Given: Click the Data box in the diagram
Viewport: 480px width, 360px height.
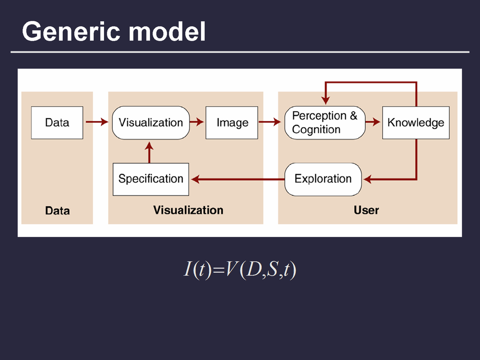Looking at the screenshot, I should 57,123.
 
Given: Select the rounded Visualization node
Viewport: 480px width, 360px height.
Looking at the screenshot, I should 151,123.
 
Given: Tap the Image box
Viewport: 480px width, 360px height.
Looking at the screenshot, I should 232,123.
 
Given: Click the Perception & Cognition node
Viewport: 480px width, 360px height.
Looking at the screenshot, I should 324,123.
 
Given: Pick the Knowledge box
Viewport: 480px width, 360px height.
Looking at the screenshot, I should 416,123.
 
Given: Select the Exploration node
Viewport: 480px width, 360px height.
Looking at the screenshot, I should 323,179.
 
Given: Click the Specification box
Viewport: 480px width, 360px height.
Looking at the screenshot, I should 151,179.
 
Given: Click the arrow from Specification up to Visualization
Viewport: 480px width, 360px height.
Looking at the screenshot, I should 149,152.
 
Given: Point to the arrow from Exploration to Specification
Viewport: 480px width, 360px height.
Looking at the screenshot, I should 238,179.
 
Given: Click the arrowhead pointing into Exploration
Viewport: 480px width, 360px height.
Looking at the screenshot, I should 368,179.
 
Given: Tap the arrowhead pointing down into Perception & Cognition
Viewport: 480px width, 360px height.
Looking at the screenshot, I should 325,100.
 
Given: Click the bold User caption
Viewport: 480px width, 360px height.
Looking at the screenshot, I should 366,210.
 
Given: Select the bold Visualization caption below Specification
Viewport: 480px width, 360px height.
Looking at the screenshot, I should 188,210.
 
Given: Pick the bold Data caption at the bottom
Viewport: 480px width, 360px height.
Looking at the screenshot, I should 57,210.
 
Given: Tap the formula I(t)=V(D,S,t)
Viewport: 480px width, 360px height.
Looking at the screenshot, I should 240,270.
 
